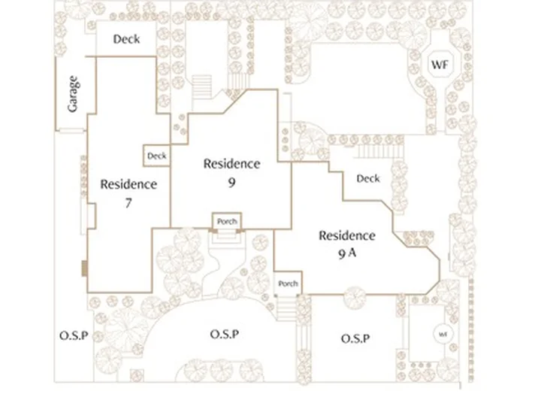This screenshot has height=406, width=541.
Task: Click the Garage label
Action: [73, 94]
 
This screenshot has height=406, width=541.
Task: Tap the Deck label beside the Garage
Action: [127, 39]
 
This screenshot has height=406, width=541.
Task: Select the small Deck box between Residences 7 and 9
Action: [156, 156]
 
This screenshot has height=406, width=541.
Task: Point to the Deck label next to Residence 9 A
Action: [368, 178]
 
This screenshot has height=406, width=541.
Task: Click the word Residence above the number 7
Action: [128, 184]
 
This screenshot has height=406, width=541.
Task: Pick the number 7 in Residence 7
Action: [128, 203]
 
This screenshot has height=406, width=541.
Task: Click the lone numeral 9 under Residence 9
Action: [231, 182]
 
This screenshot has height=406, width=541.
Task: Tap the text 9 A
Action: [347, 253]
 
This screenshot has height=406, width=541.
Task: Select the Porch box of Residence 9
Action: [227, 221]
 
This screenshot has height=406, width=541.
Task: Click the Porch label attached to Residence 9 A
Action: [288, 283]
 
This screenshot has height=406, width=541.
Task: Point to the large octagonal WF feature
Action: [440, 64]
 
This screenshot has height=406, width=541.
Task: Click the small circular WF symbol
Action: [443, 334]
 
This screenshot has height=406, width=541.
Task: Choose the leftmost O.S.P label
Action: [74, 335]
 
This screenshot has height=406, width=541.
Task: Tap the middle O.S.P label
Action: [225, 334]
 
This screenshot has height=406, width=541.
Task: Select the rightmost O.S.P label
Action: [355, 338]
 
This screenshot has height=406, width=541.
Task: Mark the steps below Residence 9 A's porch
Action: [287, 308]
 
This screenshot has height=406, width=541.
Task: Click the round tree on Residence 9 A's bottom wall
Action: [355, 296]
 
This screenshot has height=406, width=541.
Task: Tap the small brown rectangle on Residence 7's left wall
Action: [84, 268]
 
